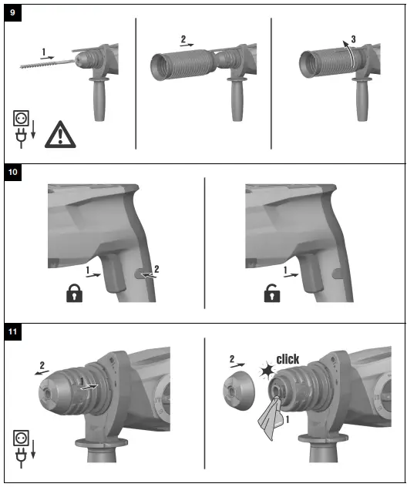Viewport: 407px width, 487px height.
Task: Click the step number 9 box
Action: (x=13, y=14)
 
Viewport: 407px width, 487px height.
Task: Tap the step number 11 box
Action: (x=13, y=332)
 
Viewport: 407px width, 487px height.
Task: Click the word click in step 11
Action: (x=288, y=359)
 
